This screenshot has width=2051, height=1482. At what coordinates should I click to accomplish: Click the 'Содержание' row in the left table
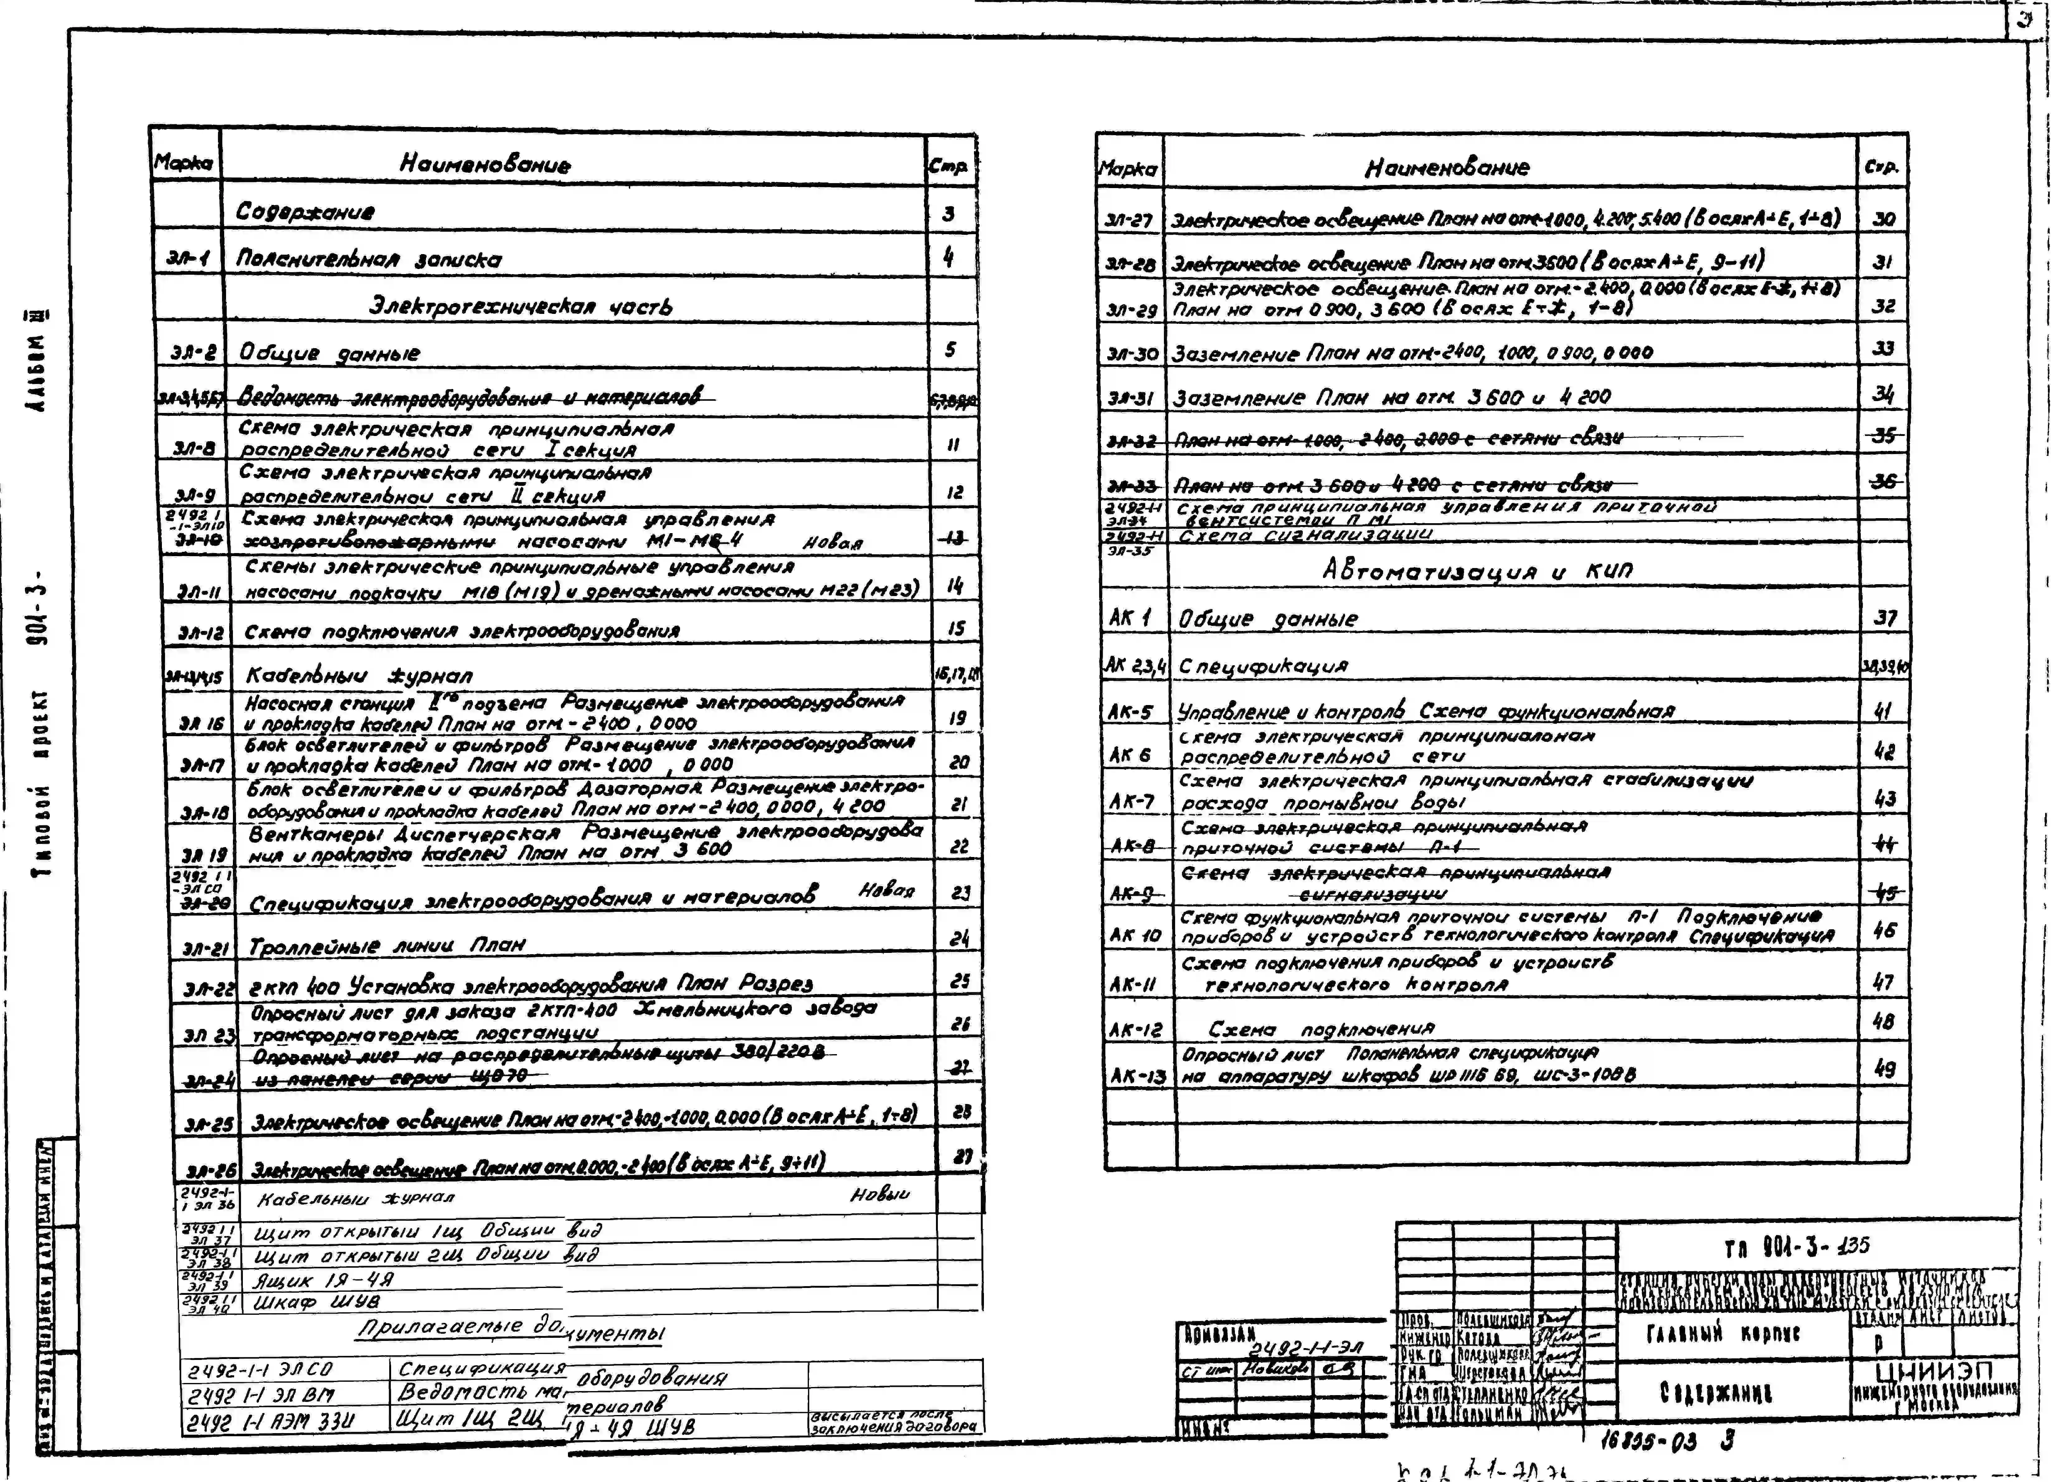tap(305, 211)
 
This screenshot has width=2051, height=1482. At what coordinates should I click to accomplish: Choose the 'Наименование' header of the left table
tap(485, 164)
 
